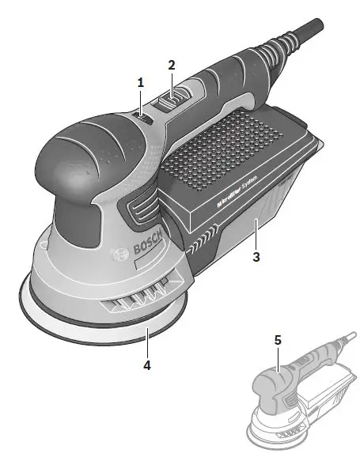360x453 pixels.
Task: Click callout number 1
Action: pos(140,81)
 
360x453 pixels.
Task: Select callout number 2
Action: pos(171,66)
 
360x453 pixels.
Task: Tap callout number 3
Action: pos(255,257)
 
